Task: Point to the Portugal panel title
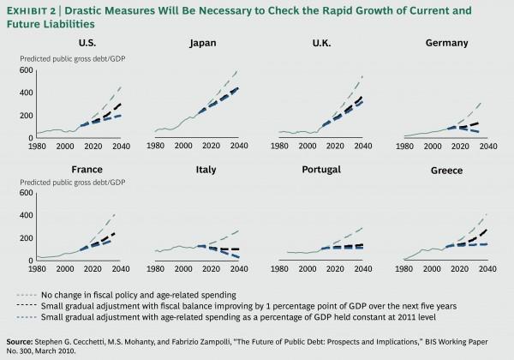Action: tap(321, 171)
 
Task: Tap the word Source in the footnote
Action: tap(23, 340)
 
